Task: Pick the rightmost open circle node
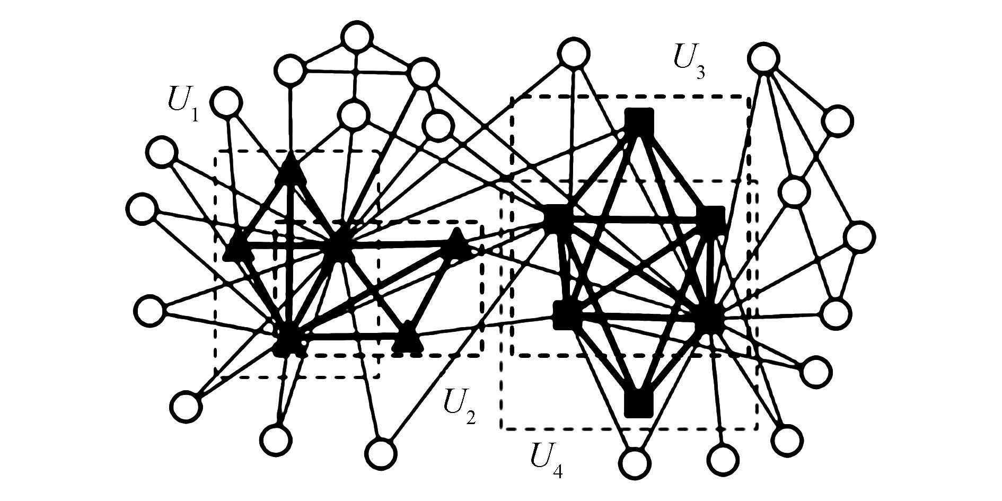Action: (x=859, y=236)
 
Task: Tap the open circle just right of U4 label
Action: (x=634, y=463)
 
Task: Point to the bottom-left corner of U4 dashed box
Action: (x=501, y=428)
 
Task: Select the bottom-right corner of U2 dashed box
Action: (x=481, y=355)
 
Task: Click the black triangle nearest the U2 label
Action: (x=407, y=337)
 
